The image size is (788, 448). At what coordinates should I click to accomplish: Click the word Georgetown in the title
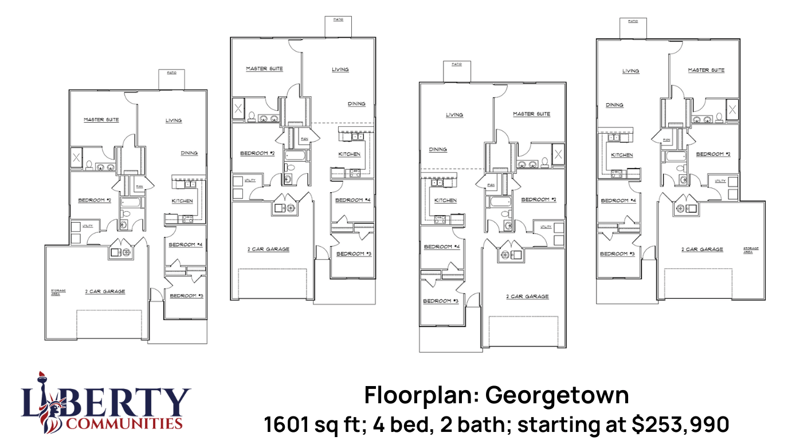[x=557, y=396]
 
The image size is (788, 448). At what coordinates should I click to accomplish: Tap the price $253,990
[x=680, y=425]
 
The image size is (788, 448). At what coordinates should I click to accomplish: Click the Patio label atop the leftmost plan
[x=171, y=73]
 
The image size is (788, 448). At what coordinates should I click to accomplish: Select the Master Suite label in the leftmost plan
[x=101, y=120]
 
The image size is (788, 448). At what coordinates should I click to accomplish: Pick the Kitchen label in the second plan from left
[x=350, y=154]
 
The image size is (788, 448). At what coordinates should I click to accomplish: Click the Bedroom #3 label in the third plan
[x=441, y=301]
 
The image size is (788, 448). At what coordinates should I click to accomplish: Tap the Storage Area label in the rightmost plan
[x=751, y=250]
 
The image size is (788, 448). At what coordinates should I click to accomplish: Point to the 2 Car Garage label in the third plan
[x=527, y=297]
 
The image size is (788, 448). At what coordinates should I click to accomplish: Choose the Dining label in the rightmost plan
[x=614, y=105]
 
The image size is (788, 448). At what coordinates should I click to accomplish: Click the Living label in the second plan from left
[x=340, y=69]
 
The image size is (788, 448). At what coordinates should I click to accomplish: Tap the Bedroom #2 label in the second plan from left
[x=257, y=153]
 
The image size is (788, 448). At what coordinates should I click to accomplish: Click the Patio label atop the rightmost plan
[x=633, y=21]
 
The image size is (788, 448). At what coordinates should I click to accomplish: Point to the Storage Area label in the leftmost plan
[x=58, y=291]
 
